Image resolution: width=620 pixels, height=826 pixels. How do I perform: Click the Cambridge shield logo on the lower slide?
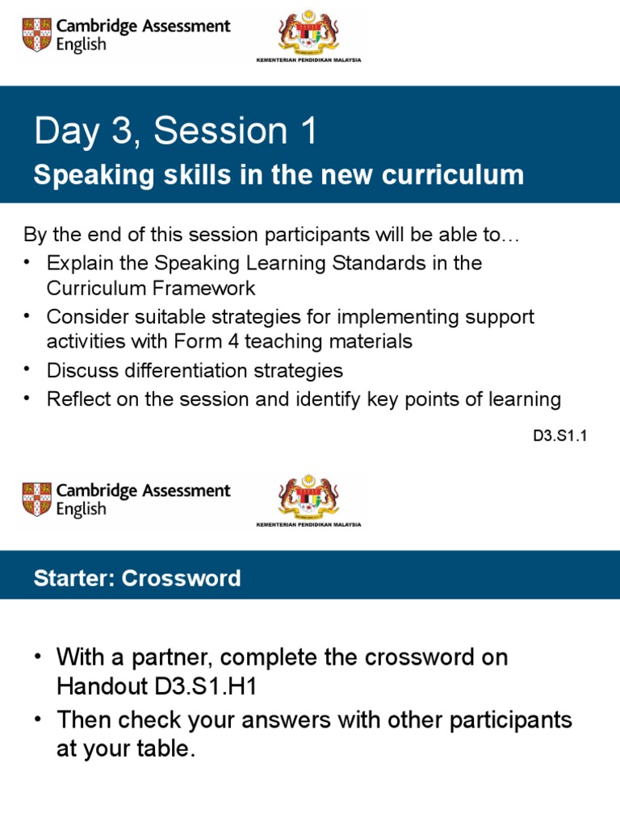(x=36, y=499)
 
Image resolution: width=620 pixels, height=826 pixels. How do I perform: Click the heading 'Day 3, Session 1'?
(x=175, y=132)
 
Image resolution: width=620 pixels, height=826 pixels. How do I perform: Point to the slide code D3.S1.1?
(x=558, y=436)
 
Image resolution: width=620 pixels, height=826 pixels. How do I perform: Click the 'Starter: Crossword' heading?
(x=137, y=578)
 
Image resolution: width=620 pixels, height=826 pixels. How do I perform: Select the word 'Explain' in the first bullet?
(x=79, y=263)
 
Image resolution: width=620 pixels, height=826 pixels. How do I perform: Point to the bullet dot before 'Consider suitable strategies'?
(x=29, y=315)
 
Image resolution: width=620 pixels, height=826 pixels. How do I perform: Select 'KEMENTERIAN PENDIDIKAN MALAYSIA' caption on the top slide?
(x=309, y=60)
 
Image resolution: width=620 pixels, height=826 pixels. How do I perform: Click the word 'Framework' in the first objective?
(x=205, y=288)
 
